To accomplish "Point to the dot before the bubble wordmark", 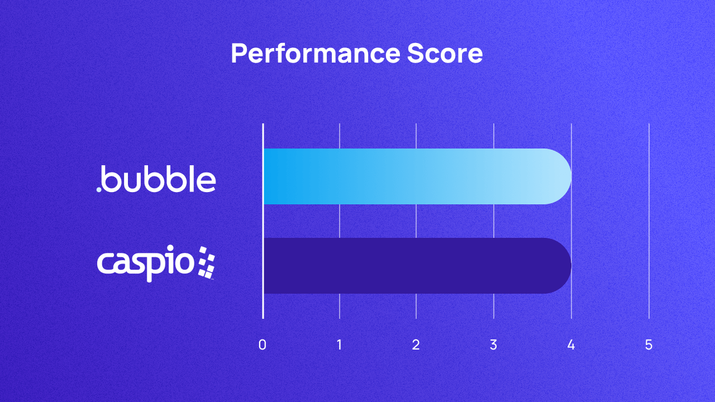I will tap(99, 190).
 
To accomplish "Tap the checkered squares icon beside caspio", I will tap(206, 262).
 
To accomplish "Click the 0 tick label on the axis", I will tap(263, 345).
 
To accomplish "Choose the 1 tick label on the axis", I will tap(340, 345).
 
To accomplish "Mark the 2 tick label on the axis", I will tap(416, 345).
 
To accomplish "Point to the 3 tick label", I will tap(493, 345).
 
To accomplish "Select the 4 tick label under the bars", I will tap(571, 345).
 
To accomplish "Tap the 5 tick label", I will tap(649, 345).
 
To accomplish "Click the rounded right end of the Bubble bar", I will tap(561, 176).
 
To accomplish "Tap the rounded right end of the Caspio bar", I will tap(561, 266).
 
